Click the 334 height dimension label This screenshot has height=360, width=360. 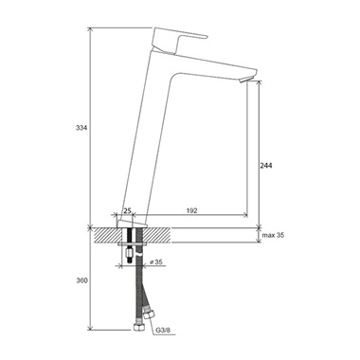pos(81,128)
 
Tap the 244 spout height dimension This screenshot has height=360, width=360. pos(266,166)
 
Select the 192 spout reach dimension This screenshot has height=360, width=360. pos(191,210)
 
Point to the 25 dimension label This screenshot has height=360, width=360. pos(127,210)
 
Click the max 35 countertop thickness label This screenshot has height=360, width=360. pos(273,235)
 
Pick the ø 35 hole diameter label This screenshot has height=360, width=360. pos(156,261)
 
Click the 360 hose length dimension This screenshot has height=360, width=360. pos(81,280)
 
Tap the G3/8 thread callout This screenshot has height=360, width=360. pos(163,331)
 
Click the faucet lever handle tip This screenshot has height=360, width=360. pos(207,37)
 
